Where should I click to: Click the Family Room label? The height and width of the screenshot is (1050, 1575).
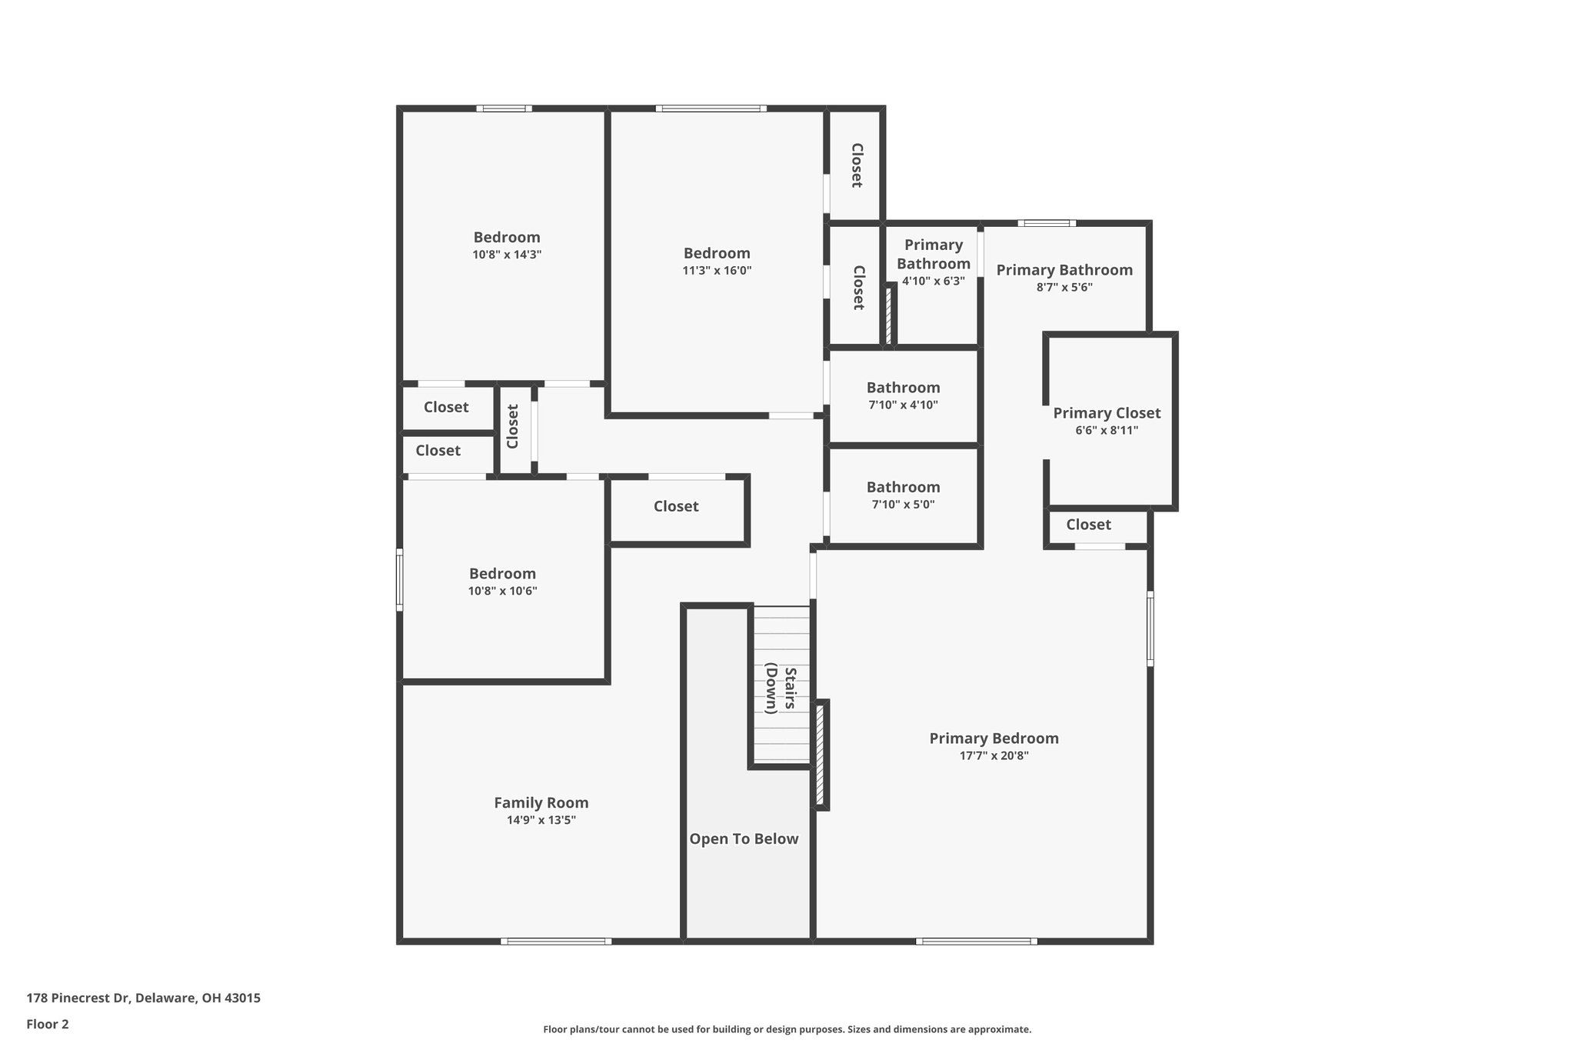541,803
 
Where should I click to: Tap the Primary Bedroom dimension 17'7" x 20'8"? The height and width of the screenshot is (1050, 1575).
994,756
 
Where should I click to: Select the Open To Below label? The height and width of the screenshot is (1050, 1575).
744,839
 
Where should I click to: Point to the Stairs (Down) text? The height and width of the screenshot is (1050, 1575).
781,688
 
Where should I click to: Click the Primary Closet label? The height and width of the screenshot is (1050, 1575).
1107,413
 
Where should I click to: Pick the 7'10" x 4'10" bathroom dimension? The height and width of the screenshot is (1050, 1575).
903,405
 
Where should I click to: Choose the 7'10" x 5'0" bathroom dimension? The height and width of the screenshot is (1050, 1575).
903,505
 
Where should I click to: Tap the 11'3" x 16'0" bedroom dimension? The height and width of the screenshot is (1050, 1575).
717,271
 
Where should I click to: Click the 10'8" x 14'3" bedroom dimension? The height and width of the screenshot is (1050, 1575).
507,255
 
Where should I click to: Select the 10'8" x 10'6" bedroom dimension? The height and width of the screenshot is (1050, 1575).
502,592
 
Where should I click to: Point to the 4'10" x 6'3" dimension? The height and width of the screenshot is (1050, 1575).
933,282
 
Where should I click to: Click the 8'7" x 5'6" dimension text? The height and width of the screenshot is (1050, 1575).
1064,288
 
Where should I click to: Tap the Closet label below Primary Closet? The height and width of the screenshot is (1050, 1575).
1088,525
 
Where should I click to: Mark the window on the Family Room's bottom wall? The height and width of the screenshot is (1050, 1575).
556,941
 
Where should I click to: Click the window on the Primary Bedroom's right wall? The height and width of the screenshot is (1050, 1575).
1150,628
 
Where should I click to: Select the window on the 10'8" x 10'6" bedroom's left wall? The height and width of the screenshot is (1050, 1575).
399,579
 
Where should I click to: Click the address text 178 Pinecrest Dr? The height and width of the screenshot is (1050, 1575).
143,998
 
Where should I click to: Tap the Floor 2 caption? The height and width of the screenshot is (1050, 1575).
48,1025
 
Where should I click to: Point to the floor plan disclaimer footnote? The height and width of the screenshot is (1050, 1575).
787,1029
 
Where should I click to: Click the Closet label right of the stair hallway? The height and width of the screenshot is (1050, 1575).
676,506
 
